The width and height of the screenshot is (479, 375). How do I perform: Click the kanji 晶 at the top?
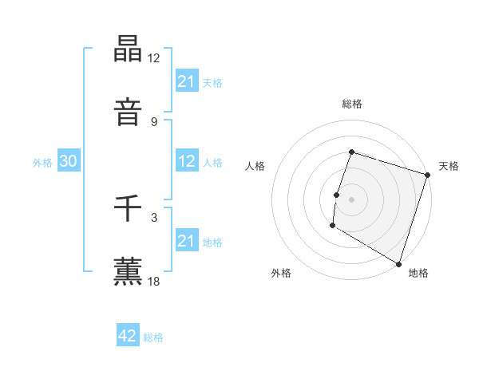click(129, 49)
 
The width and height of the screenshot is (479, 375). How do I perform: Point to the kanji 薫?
click(129, 271)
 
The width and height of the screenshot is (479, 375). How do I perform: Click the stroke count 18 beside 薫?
click(154, 281)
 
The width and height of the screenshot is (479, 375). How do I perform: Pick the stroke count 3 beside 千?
click(154, 217)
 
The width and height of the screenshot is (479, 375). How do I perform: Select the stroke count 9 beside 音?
click(154, 121)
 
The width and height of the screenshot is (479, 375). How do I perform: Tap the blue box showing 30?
click(69, 161)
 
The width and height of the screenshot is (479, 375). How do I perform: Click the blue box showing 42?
click(128, 337)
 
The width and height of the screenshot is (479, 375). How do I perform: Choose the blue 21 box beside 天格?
click(187, 81)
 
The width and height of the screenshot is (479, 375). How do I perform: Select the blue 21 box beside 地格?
click(187, 241)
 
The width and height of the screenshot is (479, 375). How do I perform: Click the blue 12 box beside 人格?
click(187, 161)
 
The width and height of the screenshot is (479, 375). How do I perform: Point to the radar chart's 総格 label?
click(352, 104)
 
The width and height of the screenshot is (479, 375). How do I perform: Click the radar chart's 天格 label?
click(449, 166)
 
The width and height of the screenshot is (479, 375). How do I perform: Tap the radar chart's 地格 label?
click(418, 273)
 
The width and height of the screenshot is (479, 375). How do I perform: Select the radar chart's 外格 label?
click(281, 273)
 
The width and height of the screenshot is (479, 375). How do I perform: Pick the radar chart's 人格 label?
click(255, 166)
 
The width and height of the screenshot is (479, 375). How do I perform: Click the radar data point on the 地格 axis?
click(398, 263)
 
